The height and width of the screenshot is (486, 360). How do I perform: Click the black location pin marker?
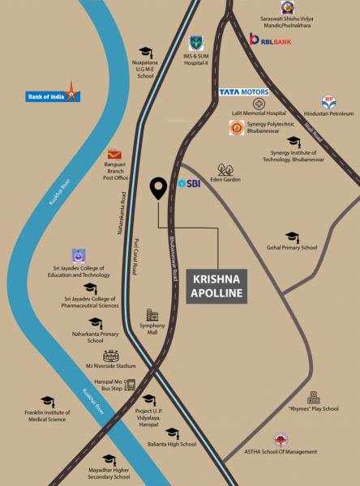[159, 188]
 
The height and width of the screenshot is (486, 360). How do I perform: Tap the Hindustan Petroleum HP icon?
[328, 102]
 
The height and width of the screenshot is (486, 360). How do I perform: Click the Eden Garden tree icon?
[226, 170]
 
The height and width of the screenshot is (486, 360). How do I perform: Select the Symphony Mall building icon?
[152, 315]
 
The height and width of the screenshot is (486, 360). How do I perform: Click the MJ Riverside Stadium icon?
[111, 356]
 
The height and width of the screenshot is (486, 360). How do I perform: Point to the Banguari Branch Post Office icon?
[114, 155]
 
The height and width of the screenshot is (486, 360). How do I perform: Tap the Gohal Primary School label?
[292, 248]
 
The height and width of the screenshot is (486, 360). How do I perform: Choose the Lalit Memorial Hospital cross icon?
[259, 104]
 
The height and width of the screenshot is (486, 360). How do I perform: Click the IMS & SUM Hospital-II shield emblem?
[196, 42]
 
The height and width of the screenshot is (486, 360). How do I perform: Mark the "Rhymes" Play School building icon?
[313, 398]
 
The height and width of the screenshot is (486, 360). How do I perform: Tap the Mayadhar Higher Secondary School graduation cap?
[109, 460]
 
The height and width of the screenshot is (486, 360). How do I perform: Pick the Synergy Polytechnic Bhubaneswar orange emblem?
[237, 127]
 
